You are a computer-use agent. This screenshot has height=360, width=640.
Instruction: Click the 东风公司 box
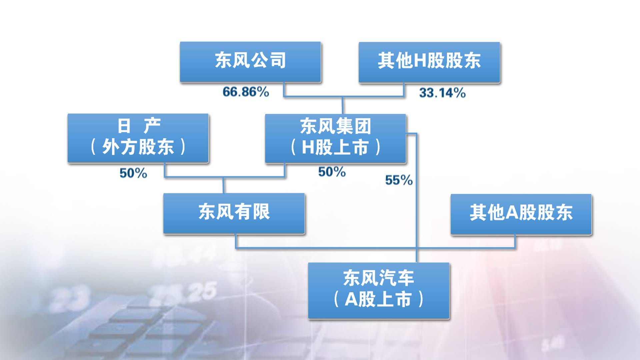[x=250, y=62]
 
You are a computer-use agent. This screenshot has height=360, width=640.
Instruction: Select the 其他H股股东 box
[x=429, y=62]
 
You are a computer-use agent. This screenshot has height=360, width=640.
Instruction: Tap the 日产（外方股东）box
[x=138, y=138]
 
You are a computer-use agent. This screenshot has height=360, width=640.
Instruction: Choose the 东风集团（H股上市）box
[x=335, y=138]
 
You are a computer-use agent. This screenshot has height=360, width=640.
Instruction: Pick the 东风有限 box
[x=234, y=213]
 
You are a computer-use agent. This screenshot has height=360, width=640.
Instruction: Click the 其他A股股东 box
[x=521, y=214]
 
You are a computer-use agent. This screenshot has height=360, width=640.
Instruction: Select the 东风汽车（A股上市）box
[x=379, y=290]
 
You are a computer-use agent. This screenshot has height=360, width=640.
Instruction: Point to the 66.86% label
[x=246, y=92]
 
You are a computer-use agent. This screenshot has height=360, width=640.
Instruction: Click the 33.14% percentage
[x=442, y=93]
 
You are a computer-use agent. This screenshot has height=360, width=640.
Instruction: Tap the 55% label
[x=399, y=180]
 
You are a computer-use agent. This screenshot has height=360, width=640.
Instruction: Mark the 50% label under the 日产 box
[x=133, y=173]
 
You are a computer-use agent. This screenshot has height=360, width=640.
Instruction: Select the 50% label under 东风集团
[x=332, y=172]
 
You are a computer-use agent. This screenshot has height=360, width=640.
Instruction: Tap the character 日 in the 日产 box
[x=124, y=126]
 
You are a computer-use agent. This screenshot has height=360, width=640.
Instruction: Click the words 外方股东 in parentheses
[x=138, y=147]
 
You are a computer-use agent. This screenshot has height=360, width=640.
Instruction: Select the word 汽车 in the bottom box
[x=397, y=278]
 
